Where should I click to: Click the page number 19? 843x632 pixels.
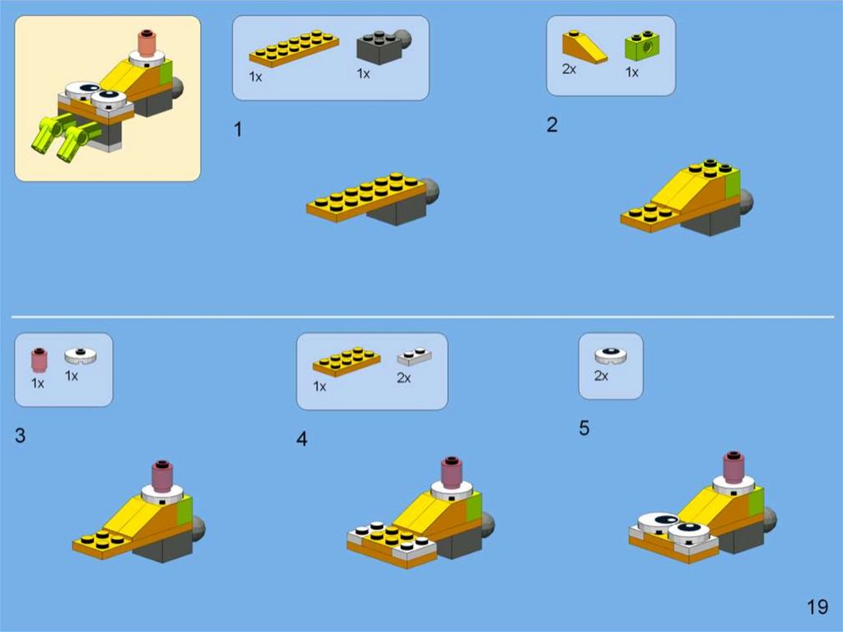tap(817, 607)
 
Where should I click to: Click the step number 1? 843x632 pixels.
tap(238, 129)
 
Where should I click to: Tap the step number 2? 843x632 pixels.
tap(552, 125)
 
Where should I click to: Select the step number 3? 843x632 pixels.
tap(20, 435)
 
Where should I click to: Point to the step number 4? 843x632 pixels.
tap(301, 439)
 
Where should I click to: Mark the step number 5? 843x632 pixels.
tap(585, 428)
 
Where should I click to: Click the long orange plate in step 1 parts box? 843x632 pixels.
tap(294, 49)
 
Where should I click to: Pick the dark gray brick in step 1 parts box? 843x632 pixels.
tap(384, 46)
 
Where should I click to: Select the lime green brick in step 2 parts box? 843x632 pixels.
tap(642, 46)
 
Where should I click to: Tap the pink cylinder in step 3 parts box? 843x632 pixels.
tap(39, 360)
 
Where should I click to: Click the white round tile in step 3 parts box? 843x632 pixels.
tap(81, 355)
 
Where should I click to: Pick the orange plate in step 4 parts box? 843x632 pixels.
tap(347, 361)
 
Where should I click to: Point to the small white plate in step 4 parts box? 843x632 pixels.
tap(414, 356)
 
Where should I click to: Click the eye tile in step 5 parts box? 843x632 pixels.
tap(611, 356)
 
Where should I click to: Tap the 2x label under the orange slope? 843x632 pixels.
tap(569, 69)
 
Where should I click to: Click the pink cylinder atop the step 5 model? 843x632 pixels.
tap(734, 466)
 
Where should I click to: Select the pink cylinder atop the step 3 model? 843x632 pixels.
tap(162, 476)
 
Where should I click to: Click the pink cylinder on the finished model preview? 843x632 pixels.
tap(147, 43)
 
